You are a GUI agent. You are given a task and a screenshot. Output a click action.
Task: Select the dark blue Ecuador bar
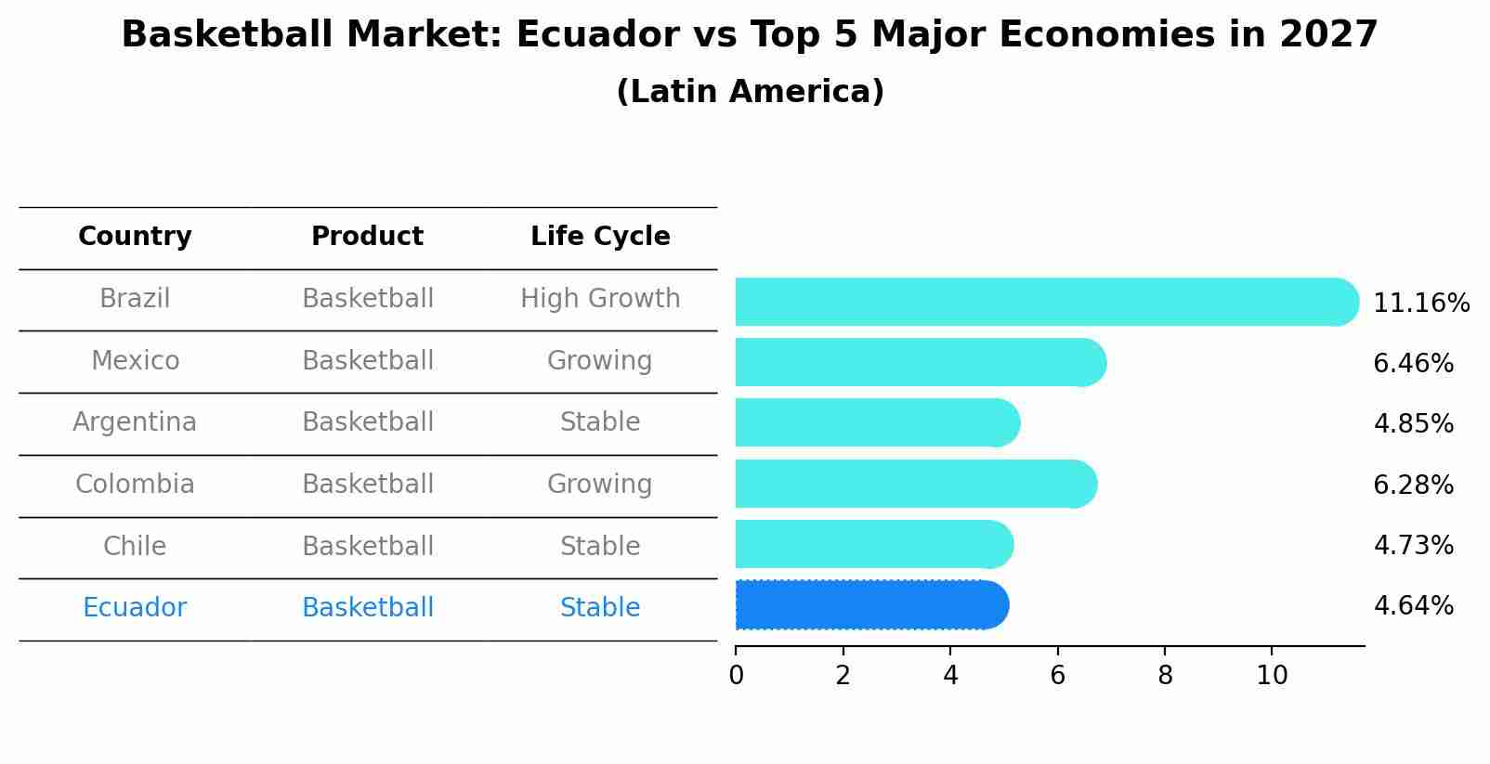click(871, 605)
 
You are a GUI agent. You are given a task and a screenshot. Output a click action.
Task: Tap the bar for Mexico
click(920, 362)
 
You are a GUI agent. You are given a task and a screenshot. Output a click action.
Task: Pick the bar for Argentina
click(877, 422)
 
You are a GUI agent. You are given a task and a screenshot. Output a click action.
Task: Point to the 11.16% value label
click(1420, 304)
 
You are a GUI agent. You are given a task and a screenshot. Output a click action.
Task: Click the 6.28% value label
click(1412, 485)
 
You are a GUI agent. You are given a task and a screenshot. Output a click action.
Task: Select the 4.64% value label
click(1412, 606)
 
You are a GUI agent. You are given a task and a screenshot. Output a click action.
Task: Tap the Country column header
click(135, 237)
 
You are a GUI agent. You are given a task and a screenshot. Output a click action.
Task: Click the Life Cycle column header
click(600, 237)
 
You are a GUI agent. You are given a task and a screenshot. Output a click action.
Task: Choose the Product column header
click(367, 237)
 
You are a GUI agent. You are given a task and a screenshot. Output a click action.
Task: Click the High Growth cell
click(600, 299)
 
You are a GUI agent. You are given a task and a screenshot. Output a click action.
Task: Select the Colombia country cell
click(135, 485)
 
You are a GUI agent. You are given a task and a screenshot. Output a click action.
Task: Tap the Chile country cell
click(135, 546)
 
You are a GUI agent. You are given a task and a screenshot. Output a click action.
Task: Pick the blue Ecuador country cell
click(135, 608)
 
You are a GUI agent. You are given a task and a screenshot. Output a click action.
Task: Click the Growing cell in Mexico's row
click(600, 360)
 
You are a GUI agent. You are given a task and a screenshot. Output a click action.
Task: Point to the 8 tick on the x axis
click(1165, 676)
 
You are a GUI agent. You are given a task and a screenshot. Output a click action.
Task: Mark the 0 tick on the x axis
click(736, 676)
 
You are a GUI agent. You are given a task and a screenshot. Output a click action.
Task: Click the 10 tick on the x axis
click(1272, 676)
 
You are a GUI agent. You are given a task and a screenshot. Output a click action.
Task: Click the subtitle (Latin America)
click(750, 92)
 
